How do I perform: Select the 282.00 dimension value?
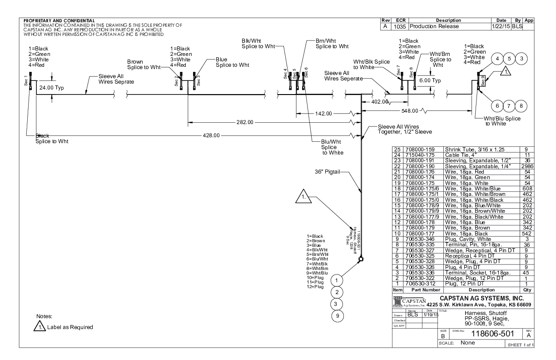click(x=244, y=122)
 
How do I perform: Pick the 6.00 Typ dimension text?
click(x=430, y=80)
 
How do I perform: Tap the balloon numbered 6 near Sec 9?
click(x=498, y=105)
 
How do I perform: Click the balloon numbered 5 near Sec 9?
click(x=510, y=59)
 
